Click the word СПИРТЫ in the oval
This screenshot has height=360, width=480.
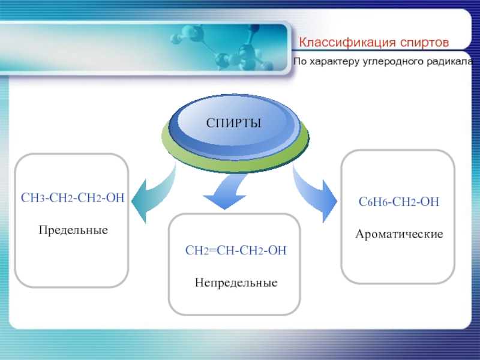click(x=233, y=123)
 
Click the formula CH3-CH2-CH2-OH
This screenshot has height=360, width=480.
click(x=73, y=198)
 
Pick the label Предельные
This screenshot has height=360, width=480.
click(x=73, y=230)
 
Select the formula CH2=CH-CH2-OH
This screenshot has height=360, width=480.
click(x=236, y=250)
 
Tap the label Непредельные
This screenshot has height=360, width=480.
click(x=236, y=283)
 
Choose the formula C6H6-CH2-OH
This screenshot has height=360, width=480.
click(x=398, y=202)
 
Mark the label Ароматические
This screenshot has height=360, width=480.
click(x=399, y=234)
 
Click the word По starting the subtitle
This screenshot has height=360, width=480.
click(x=300, y=62)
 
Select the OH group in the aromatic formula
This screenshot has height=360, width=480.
click(x=430, y=202)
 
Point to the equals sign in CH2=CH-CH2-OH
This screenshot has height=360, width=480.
click(x=212, y=251)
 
